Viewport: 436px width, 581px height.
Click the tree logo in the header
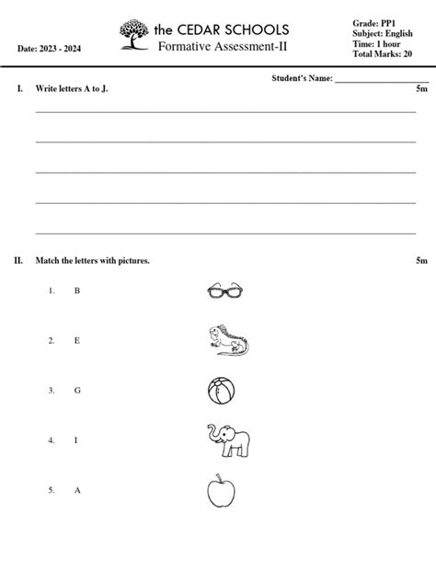pyautogui.click(x=134, y=34)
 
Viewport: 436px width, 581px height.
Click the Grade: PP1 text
pyautogui.click(x=373, y=22)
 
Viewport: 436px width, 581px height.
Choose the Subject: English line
pyautogui.click(x=383, y=32)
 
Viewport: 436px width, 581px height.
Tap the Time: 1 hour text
pyautogui.click(x=377, y=43)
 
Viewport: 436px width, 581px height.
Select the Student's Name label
pyautogui.click(x=302, y=79)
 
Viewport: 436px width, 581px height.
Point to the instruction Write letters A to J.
pyautogui.click(x=77, y=89)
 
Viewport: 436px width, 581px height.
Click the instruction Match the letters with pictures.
pyautogui.click(x=92, y=260)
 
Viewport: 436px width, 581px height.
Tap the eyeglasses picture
pyautogui.click(x=227, y=291)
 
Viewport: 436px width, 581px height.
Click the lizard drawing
pyautogui.click(x=227, y=339)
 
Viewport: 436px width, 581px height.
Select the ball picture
pyautogui.click(x=222, y=391)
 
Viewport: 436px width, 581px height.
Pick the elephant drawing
pyautogui.click(x=226, y=440)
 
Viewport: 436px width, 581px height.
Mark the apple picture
pyautogui.click(x=220, y=491)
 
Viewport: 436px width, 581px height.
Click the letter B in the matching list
pyautogui.click(x=77, y=290)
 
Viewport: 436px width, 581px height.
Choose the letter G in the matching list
pyautogui.click(x=77, y=390)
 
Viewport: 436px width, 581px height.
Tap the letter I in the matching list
pyautogui.click(x=76, y=440)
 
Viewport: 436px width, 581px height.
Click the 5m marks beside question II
pyautogui.click(x=421, y=260)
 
